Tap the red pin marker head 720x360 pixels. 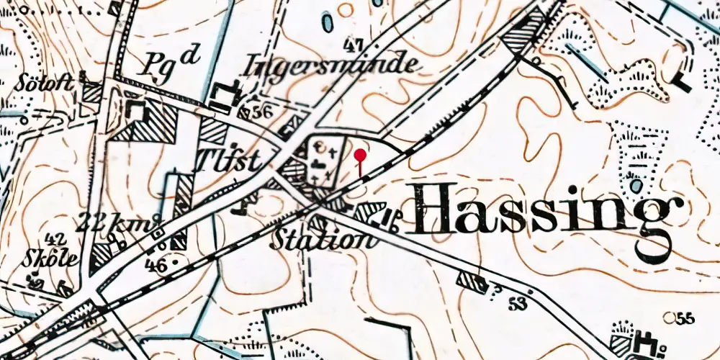pyautogui.click(x=361, y=154)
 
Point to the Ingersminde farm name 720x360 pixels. pyautogui.click(x=331, y=66)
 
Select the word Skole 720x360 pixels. pyautogui.click(x=50, y=260)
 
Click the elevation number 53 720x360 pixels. pyautogui.click(x=516, y=302)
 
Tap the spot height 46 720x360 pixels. pyautogui.click(x=154, y=266)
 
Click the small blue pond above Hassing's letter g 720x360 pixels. pyautogui.click(x=636, y=185)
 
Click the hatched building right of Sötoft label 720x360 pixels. pyautogui.click(x=91, y=91)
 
